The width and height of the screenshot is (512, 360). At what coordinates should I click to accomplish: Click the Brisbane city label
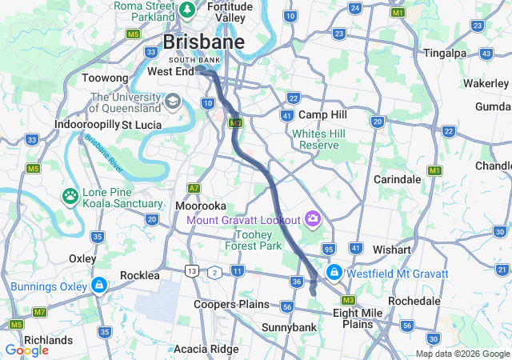pyautogui.click(x=203, y=42)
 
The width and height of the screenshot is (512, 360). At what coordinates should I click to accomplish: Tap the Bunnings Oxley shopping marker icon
pyautogui.click(x=98, y=286)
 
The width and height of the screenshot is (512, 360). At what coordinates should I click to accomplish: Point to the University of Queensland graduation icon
pyautogui.click(x=173, y=102)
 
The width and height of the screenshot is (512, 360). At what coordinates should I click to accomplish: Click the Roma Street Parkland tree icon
pyautogui.click(x=187, y=10)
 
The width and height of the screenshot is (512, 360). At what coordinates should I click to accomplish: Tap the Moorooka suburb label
pyautogui.click(x=200, y=206)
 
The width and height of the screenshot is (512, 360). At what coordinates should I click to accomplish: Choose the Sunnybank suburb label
pyautogui.click(x=289, y=327)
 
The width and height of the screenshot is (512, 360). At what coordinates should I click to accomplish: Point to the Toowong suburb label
pyautogui.click(x=105, y=78)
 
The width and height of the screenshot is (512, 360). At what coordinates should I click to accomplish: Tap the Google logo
pyautogui.click(x=26, y=350)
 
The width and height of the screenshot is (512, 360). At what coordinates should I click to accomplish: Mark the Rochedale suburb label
pyautogui.click(x=414, y=301)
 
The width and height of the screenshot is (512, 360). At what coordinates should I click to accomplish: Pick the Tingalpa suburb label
pyautogui.click(x=447, y=54)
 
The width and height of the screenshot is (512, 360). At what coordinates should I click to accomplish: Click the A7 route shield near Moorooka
pyautogui.click(x=194, y=188)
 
